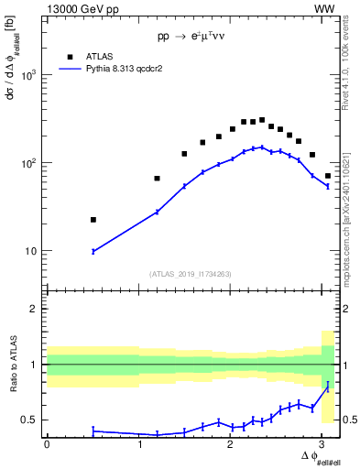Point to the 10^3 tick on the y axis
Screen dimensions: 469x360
(x=33, y=75)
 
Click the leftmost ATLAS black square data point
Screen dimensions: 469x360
(x=93, y=220)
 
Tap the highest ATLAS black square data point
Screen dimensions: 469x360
(x=262, y=120)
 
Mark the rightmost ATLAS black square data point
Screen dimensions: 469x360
(x=328, y=176)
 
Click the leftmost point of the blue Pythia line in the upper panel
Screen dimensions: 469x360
(x=93, y=251)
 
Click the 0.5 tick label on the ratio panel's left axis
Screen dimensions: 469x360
(x=34, y=420)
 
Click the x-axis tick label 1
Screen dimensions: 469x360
(x=139, y=444)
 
